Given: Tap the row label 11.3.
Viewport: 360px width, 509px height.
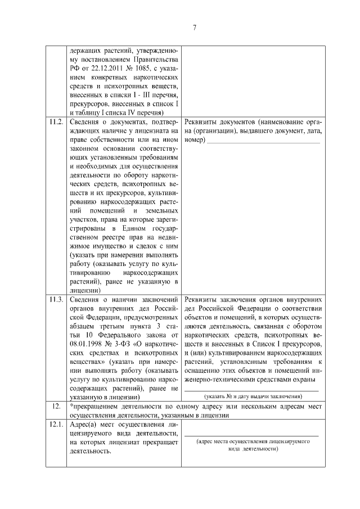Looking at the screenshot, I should click(56, 298).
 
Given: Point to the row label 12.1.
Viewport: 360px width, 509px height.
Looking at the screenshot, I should click(56, 425).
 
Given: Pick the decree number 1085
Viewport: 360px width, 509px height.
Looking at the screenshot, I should click(145, 69).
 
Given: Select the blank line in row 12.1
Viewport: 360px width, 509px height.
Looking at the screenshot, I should click(251, 435).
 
